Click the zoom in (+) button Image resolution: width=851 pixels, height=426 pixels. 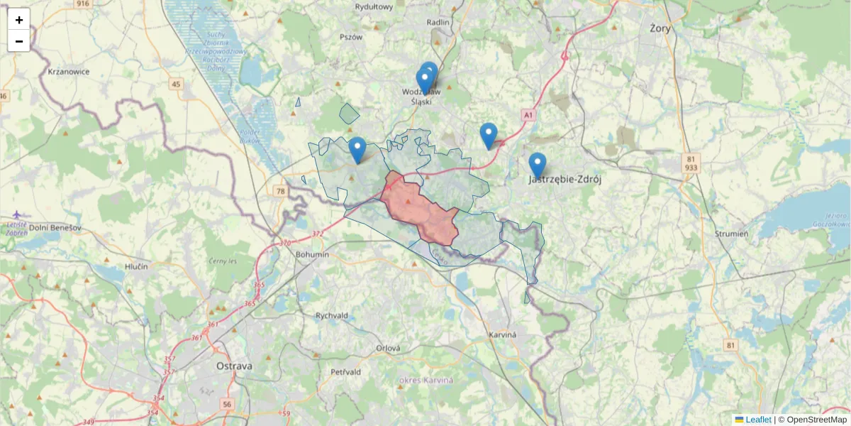click(x=19, y=19)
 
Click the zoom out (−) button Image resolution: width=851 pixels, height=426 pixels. click(x=19, y=41)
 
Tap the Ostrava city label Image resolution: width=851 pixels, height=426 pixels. click(x=234, y=366)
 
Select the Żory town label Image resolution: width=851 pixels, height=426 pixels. click(x=660, y=28)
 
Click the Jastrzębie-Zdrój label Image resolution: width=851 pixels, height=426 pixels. click(x=565, y=180)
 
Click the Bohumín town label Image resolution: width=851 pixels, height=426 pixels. click(x=312, y=254)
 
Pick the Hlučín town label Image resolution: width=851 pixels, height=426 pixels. click(x=135, y=266)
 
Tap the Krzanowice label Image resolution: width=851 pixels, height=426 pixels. click(x=68, y=72)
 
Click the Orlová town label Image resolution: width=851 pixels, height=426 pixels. click(x=388, y=348)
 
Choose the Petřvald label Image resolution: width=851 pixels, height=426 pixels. click(x=345, y=371)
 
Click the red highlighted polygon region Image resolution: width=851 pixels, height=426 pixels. click(x=418, y=209)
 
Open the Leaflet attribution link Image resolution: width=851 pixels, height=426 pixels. click(x=758, y=420)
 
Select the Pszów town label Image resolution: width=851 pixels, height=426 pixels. click(x=351, y=37)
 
